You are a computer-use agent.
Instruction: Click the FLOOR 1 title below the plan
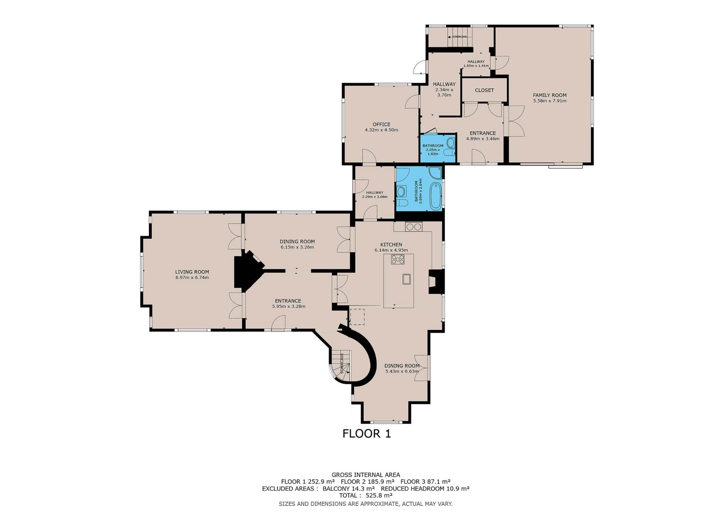pos(366,433)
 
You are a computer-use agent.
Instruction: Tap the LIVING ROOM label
pos(192,272)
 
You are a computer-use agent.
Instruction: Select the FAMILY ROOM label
pos(549,95)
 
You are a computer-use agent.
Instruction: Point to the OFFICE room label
pos(381,124)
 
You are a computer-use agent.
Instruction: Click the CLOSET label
pos(484,90)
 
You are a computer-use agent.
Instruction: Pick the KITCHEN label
pos(391,244)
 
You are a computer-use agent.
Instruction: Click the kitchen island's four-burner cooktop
pos(398,259)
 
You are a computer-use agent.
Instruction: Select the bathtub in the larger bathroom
pos(435,196)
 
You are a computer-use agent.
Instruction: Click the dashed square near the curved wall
pos(357,317)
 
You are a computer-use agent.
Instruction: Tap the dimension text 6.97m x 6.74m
pos(192,277)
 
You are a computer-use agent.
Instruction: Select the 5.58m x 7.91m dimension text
pos(549,101)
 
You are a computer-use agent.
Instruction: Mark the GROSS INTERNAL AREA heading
pos(366,475)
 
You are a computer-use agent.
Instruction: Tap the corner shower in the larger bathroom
pos(435,173)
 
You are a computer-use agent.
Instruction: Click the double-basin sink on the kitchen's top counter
pos(414,227)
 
